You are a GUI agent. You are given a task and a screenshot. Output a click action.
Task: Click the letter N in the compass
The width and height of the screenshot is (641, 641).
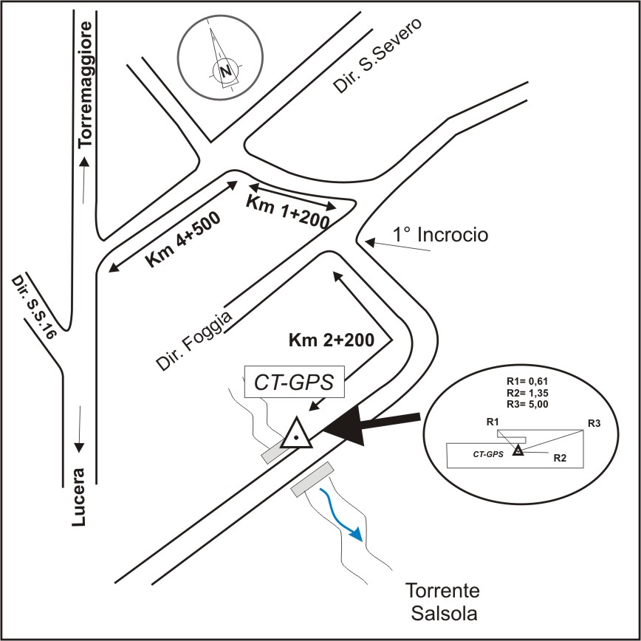[x=224, y=72]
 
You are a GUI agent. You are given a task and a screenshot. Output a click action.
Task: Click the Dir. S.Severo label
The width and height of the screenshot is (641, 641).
[x=377, y=56]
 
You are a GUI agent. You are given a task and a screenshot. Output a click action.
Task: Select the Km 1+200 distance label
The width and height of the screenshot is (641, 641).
[x=287, y=211]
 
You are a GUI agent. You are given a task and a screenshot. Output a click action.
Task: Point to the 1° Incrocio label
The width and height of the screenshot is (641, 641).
[x=440, y=236]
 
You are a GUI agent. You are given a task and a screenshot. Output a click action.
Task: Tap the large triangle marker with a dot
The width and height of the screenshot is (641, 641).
[x=296, y=434]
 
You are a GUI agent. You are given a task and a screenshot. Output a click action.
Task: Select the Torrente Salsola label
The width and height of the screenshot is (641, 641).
[x=442, y=602]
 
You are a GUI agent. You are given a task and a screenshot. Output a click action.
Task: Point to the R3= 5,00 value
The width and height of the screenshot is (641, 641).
[x=527, y=404]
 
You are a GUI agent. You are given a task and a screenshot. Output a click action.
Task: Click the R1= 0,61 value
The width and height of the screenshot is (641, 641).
[x=527, y=381]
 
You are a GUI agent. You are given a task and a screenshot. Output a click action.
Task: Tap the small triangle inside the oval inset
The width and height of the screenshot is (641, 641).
[x=518, y=450]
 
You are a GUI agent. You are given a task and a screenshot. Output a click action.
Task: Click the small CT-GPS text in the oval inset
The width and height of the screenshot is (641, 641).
[x=488, y=453]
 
